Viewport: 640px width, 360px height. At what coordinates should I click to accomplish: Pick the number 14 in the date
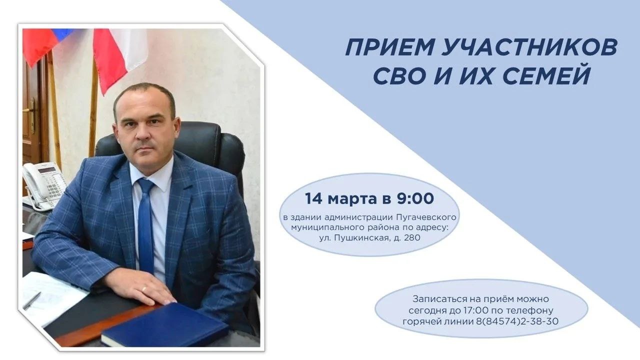313,199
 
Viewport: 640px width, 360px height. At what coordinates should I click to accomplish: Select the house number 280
412,237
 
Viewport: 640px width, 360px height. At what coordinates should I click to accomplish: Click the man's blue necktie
146,225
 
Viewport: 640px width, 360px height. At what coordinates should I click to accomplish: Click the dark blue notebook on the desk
165,324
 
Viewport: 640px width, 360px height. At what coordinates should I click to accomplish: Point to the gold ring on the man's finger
145,289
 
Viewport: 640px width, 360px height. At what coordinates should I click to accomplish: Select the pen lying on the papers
31,300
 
